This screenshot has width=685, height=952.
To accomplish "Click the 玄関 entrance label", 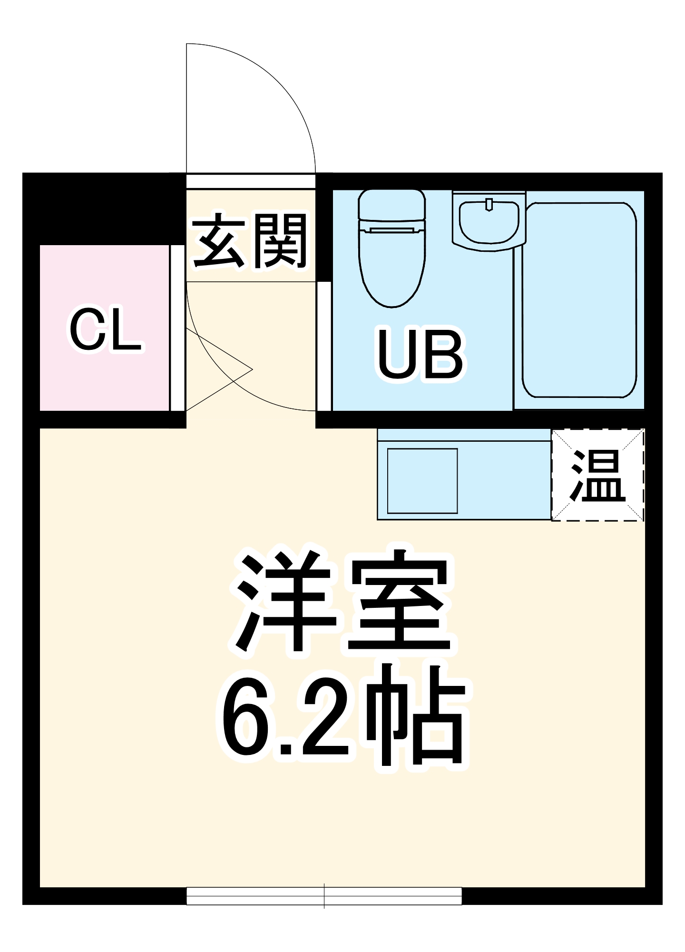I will [250, 240].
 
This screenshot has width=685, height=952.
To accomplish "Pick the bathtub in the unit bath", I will [579, 300].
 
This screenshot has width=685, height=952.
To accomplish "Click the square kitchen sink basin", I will [422, 481].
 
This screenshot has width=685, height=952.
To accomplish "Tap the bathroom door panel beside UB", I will [324, 346].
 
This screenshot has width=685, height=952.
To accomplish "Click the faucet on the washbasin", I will [489, 204].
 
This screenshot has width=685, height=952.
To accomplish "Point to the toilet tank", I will [392, 205].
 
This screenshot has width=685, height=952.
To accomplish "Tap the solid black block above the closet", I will [105, 209].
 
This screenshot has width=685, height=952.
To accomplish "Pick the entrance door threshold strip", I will [251, 181].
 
